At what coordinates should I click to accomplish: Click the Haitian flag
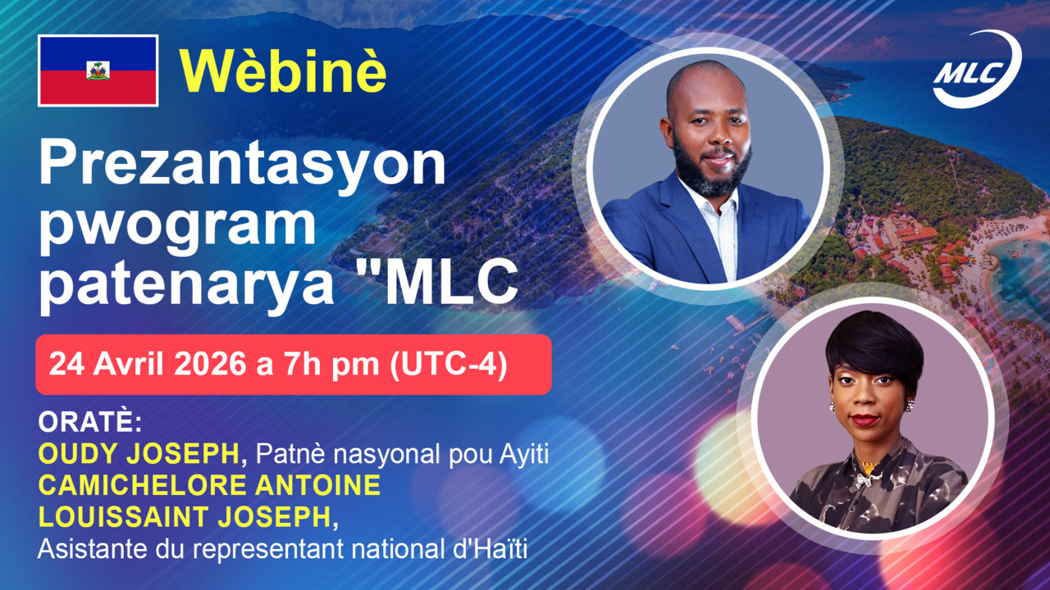(98, 70)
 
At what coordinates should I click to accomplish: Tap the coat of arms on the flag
(98, 70)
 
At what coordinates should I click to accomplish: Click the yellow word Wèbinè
(283, 71)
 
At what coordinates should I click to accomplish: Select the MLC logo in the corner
(977, 69)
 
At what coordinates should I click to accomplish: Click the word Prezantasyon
(242, 165)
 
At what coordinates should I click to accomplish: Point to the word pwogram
(178, 227)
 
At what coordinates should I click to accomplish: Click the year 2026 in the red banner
(211, 365)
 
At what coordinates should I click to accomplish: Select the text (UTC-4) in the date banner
(449, 365)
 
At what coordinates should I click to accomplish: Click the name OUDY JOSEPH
(139, 453)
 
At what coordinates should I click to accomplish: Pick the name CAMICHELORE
(143, 485)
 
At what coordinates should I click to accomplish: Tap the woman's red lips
(865, 419)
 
